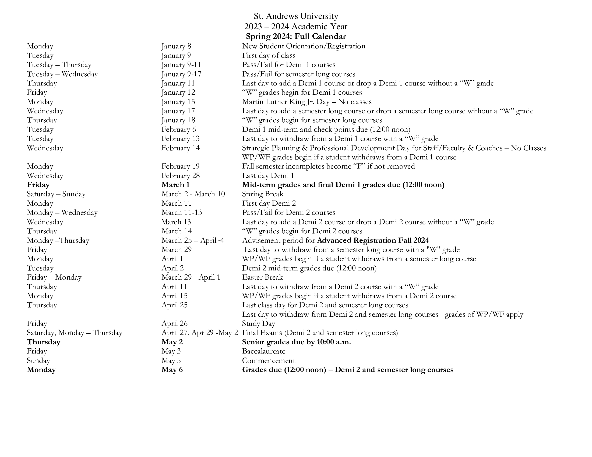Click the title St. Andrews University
(x=296, y=16)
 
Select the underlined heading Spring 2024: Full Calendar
(x=296, y=37)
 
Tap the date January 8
(x=176, y=46)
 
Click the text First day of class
(x=269, y=55)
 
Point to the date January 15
(x=178, y=102)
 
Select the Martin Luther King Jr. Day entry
(x=306, y=102)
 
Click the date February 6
(x=178, y=129)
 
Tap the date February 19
(x=180, y=166)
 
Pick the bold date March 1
(x=175, y=185)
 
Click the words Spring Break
(x=262, y=194)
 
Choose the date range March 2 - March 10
(x=193, y=194)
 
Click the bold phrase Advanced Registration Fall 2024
(x=373, y=240)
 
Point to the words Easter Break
(x=262, y=277)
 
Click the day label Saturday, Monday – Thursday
(x=75, y=333)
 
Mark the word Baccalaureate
(x=263, y=351)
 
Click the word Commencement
(x=268, y=360)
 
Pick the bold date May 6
(x=172, y=370)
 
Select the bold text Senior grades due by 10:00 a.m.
(x=296, y=342)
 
